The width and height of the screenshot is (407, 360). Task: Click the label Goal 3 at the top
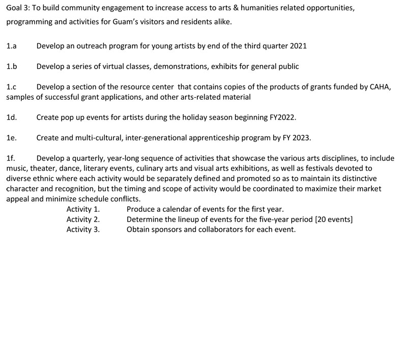tap(18, 10)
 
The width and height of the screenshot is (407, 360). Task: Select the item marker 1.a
tap(11, 46)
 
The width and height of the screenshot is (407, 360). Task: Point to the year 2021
tap(298, 46)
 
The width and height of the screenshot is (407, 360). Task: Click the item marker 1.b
tap(12, 66)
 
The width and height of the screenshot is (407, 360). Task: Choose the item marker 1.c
tap(11, 87)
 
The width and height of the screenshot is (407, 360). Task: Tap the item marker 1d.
tap(12, 117)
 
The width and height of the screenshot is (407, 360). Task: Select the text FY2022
tap(282, 117)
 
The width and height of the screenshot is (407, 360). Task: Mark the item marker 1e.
tap(12, 138)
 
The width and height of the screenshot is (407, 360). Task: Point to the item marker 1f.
tap(11, 158)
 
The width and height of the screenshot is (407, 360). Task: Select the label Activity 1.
tap(83, 209)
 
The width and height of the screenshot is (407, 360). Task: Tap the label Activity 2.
tap(83, 219)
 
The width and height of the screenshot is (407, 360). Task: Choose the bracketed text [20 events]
tap(334, 219)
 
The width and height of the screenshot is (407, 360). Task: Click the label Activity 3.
tap(83, 229)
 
